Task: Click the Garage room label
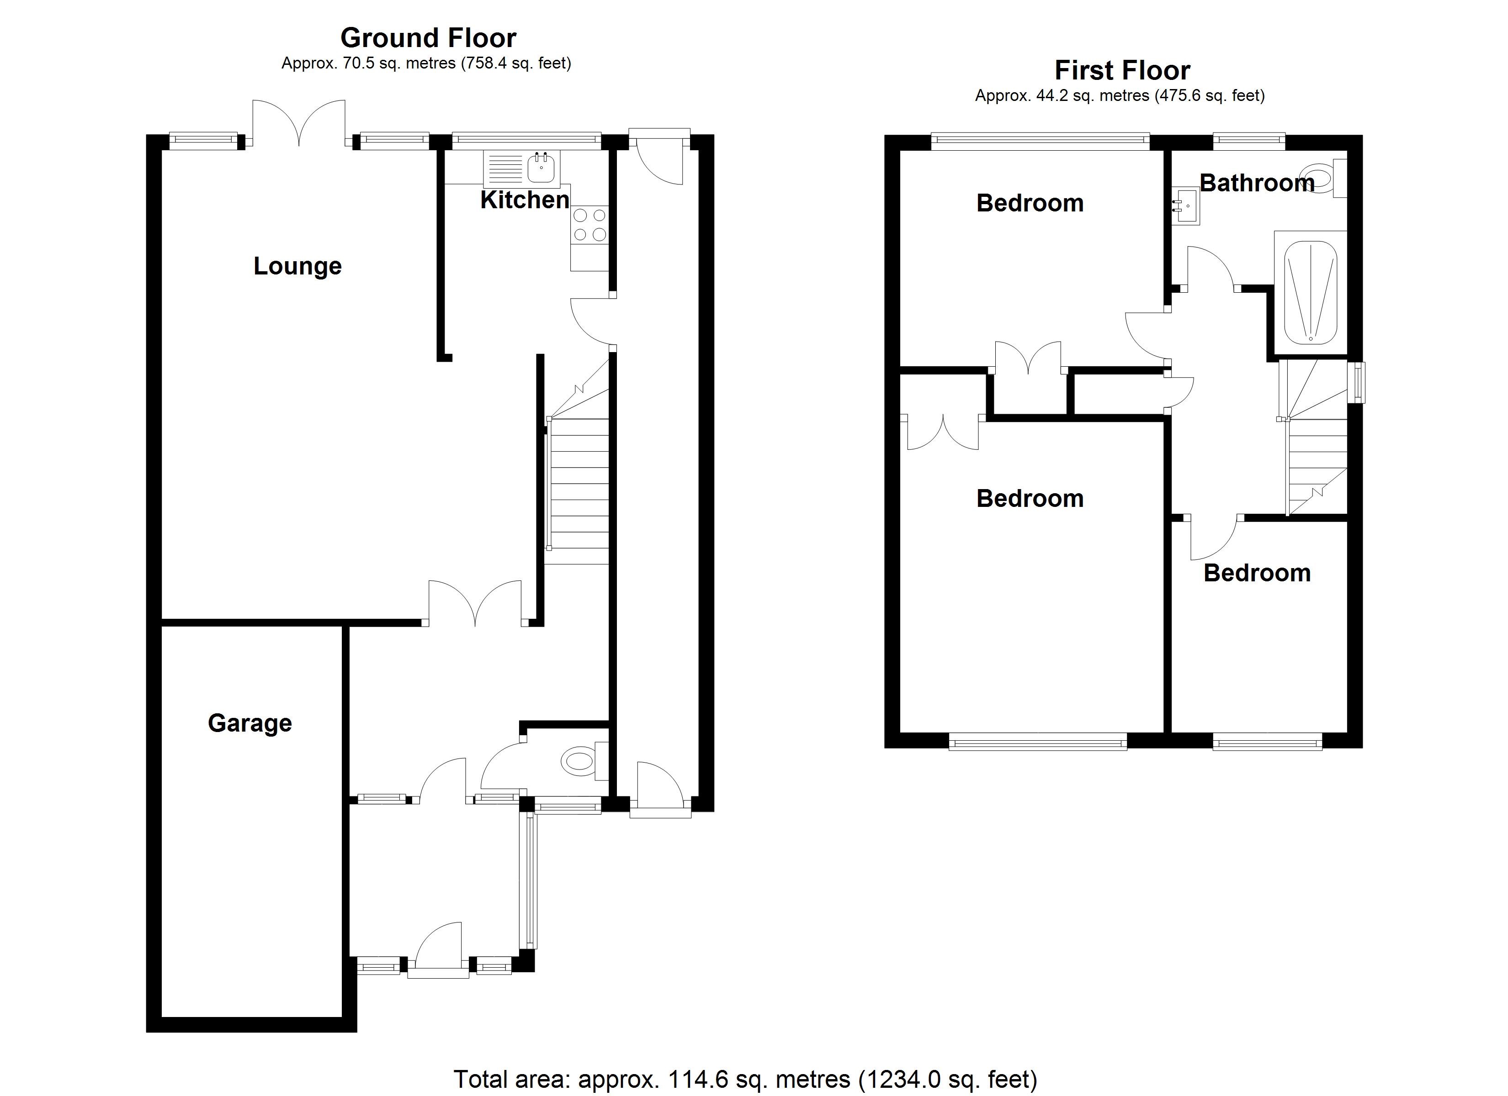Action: pos(250,723)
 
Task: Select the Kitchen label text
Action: pos(525,200)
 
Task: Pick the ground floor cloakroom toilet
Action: pos(585,761)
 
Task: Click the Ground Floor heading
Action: pos(428,38)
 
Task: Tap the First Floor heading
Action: pos(1122,70)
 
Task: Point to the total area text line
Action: pos(745,1080)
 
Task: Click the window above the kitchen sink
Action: pos(526,140)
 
